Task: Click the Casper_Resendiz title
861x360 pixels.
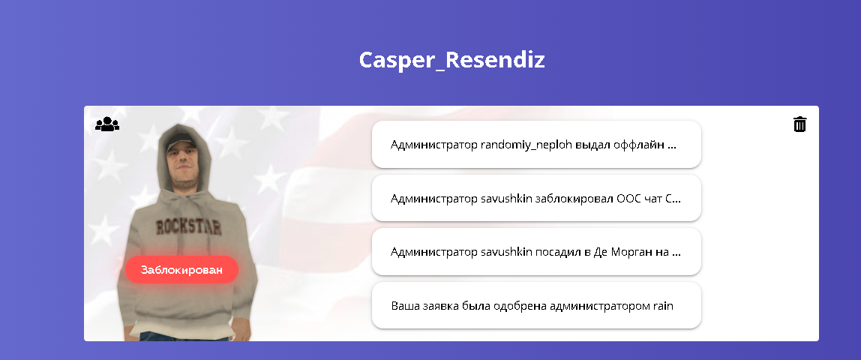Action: pos(452,60)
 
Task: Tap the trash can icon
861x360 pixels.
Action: pos(800,124)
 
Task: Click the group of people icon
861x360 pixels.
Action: pos(107,124)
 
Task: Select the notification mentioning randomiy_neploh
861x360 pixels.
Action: pos(536,144)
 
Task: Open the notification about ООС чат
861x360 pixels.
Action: pos(536,198)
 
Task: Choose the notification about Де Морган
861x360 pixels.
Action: pos(536,252)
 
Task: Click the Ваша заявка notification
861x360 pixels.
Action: pos(536,306)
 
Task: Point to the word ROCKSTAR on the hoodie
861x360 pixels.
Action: pos(188,226)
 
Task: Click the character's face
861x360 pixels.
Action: pos(180,157)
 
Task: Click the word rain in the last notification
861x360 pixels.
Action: pos(663,306)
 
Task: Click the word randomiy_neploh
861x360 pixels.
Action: pos(526,145)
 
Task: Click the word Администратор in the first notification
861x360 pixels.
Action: pos(433,145)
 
